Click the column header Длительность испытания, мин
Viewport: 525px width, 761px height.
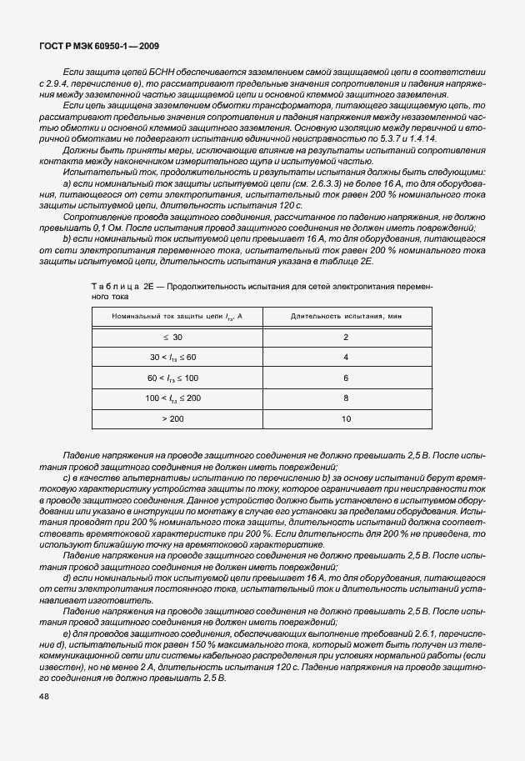(x=346, y=317)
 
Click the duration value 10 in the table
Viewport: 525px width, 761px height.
(x=346, y=418)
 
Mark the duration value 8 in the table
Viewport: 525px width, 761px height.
(x=346, y=398)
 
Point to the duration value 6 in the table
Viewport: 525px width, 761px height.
(x=346, y=378)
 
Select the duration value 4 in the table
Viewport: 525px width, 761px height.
(x=346, y=358)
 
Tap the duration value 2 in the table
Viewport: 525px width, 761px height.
(x=346, y=338)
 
